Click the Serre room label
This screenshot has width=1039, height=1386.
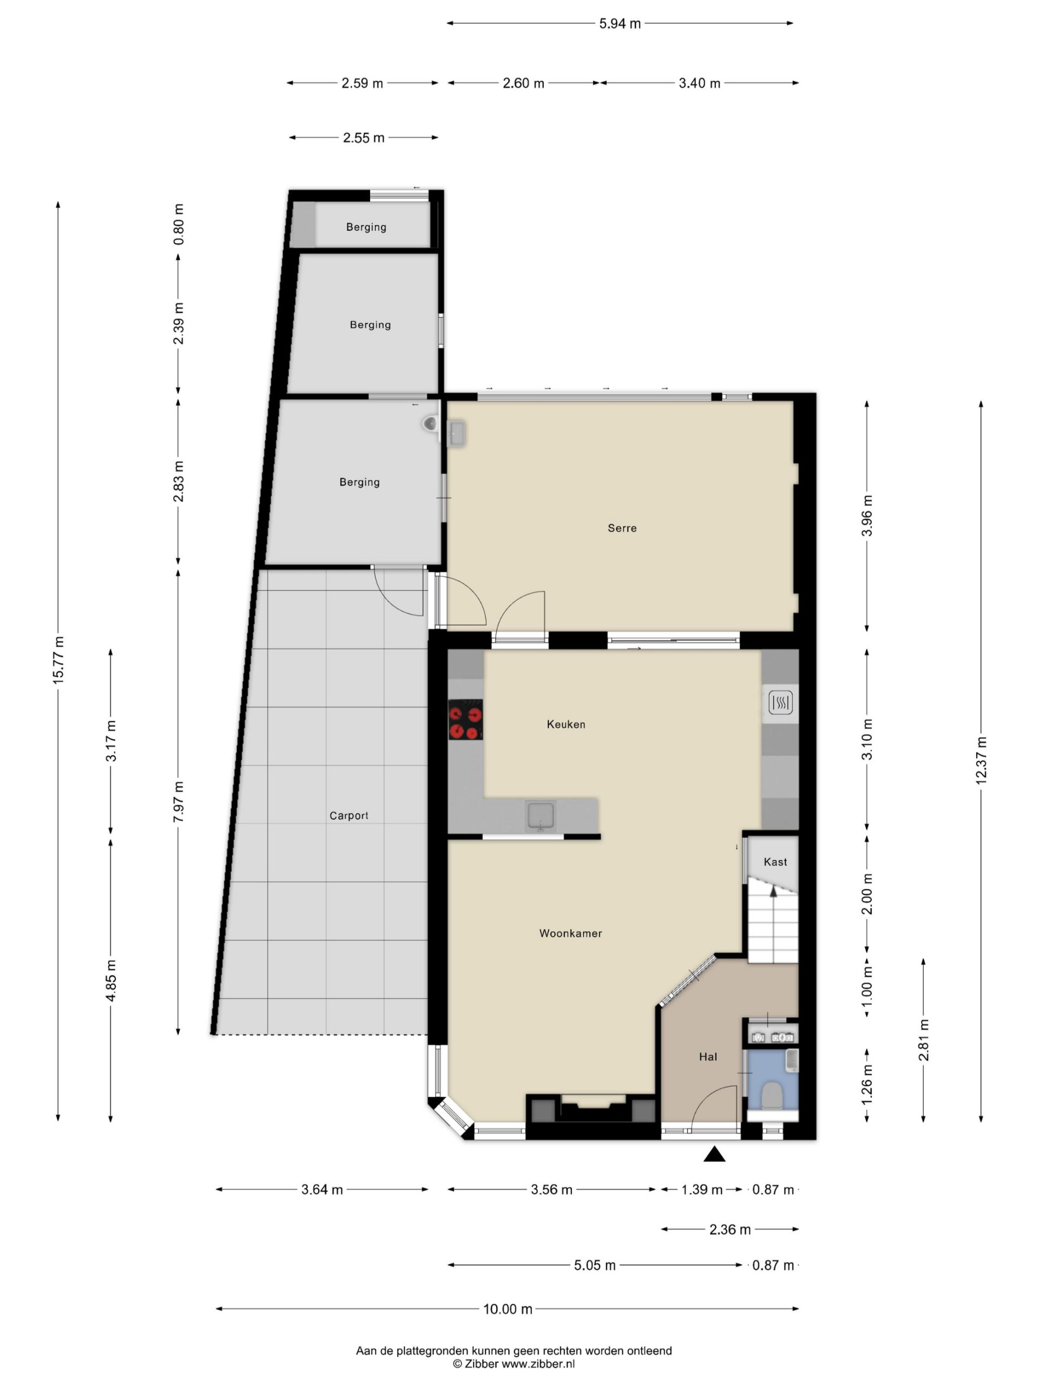tap(622, 528)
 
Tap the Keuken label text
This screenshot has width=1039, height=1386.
tap(566, 724)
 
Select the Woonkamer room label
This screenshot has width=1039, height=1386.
tap(570, 933)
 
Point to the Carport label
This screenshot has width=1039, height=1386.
tap(349, 816)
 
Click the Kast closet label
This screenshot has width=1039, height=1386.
tap(775, 862)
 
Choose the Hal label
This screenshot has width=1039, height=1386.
tap(708, 1057)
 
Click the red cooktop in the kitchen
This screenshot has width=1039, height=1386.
tap(465, 720)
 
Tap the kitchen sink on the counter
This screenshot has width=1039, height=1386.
tap(541, 816)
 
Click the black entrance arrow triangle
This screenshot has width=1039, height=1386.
tap(714, 1154)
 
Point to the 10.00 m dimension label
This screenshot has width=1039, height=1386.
tap(507, 1309)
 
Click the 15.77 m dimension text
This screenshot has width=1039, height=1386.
tap(58, 659)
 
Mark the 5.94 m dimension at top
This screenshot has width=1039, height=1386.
tap(620, 24)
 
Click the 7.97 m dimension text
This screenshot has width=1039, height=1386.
tap(179, 801)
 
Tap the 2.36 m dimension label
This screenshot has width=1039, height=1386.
tap(729, 1230)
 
